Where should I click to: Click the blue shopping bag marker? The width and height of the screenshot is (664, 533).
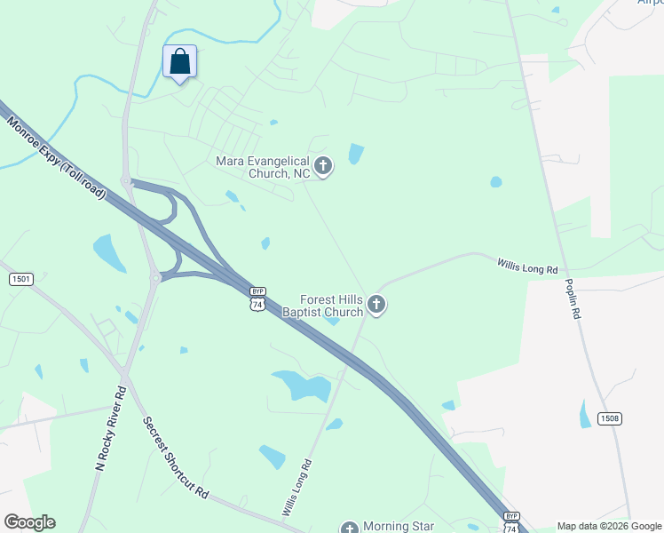click(x=179, y=62)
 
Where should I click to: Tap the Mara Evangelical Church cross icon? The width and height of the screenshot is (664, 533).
click(x=323, y=166)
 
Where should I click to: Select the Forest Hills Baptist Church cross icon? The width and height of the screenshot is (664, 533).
click(x=376, y=306)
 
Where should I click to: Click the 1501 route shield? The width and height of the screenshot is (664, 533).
click(x=21, y=279)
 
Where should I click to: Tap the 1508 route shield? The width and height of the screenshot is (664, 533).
click(x=610, y=419)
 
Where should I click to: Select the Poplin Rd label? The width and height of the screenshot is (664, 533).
click(x=573, y=305)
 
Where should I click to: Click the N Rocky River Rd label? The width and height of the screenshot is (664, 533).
click(x=111, y=428)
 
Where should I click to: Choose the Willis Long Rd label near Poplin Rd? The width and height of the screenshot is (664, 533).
click(x=527, y=265)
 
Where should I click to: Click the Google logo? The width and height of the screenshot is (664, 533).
click(x=29, y=522)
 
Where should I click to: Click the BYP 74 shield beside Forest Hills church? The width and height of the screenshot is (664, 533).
click(x=257, y=299)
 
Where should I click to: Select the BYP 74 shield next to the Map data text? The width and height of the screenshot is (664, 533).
click(x=510, y=523)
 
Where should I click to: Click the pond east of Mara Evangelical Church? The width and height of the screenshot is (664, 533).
click(x=356, y=154)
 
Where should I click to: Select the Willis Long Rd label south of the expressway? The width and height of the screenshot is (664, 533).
click(x=297, y=488)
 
